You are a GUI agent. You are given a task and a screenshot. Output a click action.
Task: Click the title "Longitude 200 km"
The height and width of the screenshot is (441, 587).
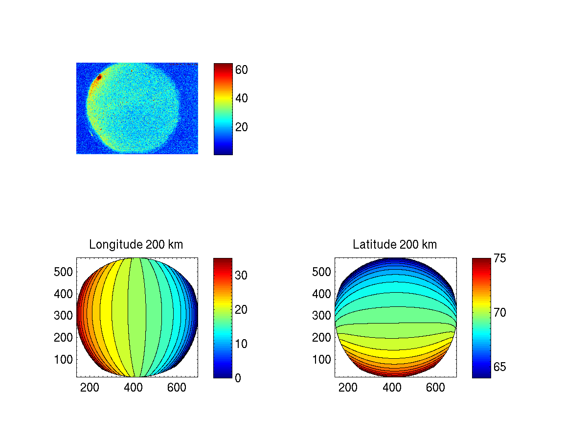(136, 245)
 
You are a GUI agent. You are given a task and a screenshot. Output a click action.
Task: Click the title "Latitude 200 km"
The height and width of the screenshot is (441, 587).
(395, 245)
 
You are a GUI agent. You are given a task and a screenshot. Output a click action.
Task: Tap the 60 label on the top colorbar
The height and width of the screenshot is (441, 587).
(242, 70)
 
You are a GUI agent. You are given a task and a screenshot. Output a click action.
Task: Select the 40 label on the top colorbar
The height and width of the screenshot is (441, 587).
(242, 98)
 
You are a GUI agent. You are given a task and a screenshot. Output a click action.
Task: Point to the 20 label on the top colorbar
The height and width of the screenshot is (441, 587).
(242, 127)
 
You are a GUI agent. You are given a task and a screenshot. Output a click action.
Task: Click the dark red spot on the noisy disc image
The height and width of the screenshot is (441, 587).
(99, 77)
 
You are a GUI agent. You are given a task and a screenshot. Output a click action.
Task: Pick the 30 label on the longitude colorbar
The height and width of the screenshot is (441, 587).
(241, 276)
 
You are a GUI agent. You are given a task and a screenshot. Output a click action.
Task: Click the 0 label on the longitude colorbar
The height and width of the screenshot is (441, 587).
(238, 378)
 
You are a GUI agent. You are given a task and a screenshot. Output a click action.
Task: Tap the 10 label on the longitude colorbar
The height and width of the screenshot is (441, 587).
(241, 344)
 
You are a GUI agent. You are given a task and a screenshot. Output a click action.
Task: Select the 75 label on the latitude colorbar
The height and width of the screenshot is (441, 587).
(499, 258)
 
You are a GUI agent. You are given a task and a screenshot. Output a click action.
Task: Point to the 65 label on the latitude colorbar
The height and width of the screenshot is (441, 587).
(499, 367)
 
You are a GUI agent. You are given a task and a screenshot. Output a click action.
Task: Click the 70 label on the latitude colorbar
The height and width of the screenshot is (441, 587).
(499, 312)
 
